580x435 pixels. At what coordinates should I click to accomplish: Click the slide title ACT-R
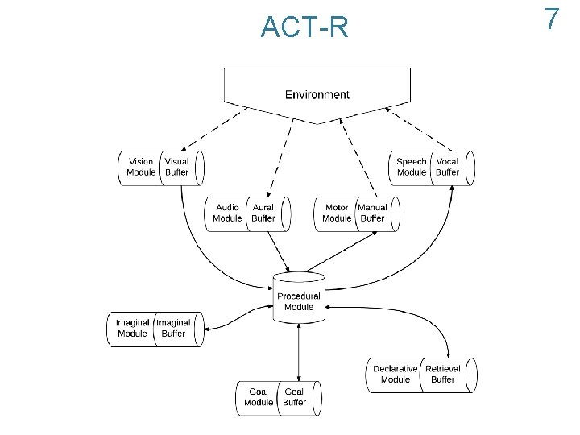click(304, 28)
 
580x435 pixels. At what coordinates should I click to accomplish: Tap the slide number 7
click(552, 19)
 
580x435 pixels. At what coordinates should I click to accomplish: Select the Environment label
click(317, 95)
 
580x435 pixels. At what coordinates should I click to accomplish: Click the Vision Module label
click(141, 167)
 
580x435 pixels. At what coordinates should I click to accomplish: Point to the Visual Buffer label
click(177, 167)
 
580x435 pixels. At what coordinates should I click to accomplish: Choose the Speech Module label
click(412, 167)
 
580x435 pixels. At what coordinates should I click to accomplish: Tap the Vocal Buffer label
click(447, 167)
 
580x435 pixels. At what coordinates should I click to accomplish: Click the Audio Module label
click(227, 213)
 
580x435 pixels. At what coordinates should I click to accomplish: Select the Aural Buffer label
click(263, 213)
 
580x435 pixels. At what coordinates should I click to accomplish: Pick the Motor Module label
click(337, 213)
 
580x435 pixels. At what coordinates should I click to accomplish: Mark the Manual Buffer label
click(372, 213)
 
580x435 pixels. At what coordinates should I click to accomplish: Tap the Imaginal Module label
click(132, 328)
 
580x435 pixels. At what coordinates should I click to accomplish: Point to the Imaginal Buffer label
click(173, 328)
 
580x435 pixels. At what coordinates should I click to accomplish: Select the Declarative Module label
click(395, 374)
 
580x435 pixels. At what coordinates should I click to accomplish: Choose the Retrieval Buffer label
click(443, 374)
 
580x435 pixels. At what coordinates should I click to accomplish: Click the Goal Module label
click(259, 397)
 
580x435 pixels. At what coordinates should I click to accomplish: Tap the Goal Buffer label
click(295, 397)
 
